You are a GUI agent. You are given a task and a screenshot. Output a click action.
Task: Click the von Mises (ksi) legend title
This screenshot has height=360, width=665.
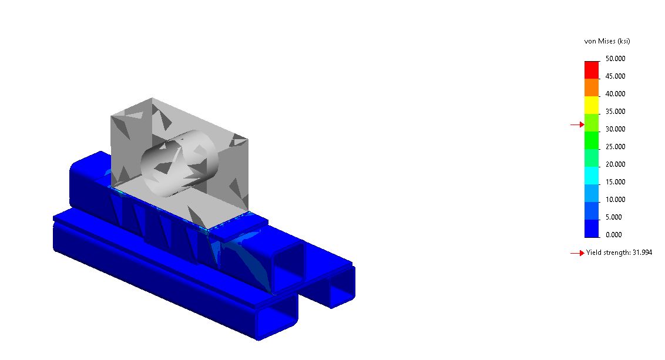607,41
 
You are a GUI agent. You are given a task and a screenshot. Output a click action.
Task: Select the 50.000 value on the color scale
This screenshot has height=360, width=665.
616,59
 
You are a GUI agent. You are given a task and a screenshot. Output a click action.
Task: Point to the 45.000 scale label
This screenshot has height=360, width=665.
616,76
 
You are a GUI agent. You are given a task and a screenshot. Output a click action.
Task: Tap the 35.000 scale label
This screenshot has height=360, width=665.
616,112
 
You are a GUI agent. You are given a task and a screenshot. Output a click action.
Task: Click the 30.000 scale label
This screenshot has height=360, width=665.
616,129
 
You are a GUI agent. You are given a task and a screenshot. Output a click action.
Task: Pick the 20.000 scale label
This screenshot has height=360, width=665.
616,164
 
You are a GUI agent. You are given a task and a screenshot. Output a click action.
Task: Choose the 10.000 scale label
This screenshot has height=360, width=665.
616,200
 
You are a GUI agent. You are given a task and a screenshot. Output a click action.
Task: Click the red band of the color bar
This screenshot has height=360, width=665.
592,70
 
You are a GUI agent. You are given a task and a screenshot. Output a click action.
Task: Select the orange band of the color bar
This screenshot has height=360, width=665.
592,88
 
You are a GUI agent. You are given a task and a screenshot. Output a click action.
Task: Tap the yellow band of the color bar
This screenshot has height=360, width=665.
592,105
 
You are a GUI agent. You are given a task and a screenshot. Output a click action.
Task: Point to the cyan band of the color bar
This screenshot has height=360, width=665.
592,176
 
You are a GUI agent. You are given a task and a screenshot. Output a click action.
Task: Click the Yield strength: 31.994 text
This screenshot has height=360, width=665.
619,253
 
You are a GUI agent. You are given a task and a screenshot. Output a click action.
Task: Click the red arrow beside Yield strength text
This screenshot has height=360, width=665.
577,253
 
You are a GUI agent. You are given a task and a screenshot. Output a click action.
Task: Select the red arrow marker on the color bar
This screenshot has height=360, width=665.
577,125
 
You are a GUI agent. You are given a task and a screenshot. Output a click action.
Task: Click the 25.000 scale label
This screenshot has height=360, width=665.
616,147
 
